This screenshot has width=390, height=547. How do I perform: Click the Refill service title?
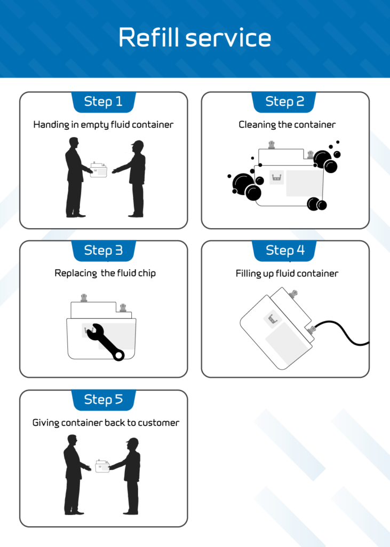(195, 38)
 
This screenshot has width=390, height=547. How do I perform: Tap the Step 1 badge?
(103, 101)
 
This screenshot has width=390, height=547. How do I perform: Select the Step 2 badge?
(284, 101)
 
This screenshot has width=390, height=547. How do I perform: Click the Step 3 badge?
(103, 250)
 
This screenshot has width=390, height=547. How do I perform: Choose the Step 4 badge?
(285, 250)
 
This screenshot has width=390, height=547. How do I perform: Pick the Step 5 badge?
(103, 399)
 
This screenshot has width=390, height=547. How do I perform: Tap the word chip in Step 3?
(145, 273)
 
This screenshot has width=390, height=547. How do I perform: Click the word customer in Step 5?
(159, 423)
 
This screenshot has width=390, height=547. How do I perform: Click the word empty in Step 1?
(94, 125)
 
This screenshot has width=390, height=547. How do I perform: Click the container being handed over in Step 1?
(100, 168)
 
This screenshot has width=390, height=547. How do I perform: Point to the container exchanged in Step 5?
(102, 466)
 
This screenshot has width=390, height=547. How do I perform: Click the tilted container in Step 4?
(275, 329)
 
